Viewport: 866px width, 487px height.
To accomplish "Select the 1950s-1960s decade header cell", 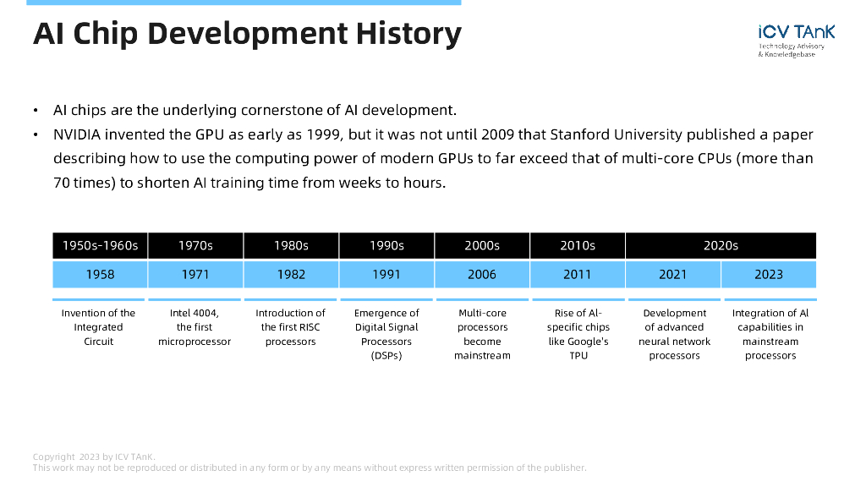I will pos(100,245).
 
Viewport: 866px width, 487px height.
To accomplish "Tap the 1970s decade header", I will pos(195,245).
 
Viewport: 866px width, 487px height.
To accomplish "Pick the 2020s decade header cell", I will pos(721,245).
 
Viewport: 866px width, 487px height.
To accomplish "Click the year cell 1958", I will pos(100,274).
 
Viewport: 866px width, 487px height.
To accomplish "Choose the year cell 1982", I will pos(291,274).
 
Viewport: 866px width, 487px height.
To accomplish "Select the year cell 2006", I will pos(482,274).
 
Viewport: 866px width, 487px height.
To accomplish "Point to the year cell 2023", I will pos(769,274).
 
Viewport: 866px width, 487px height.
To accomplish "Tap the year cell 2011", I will pos(578,274).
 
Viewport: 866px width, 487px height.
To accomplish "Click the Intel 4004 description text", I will pos(195,327).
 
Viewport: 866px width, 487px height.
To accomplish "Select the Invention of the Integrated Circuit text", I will pos(99,327).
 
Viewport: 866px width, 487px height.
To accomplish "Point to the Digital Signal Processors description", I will pos(386,334).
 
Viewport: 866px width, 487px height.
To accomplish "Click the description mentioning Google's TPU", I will pos(578,334).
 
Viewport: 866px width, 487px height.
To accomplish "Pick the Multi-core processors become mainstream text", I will pos(482,334).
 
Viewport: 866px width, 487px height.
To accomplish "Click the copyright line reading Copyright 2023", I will pos(94,457).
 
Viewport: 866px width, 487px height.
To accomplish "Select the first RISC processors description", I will pos(290,327).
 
